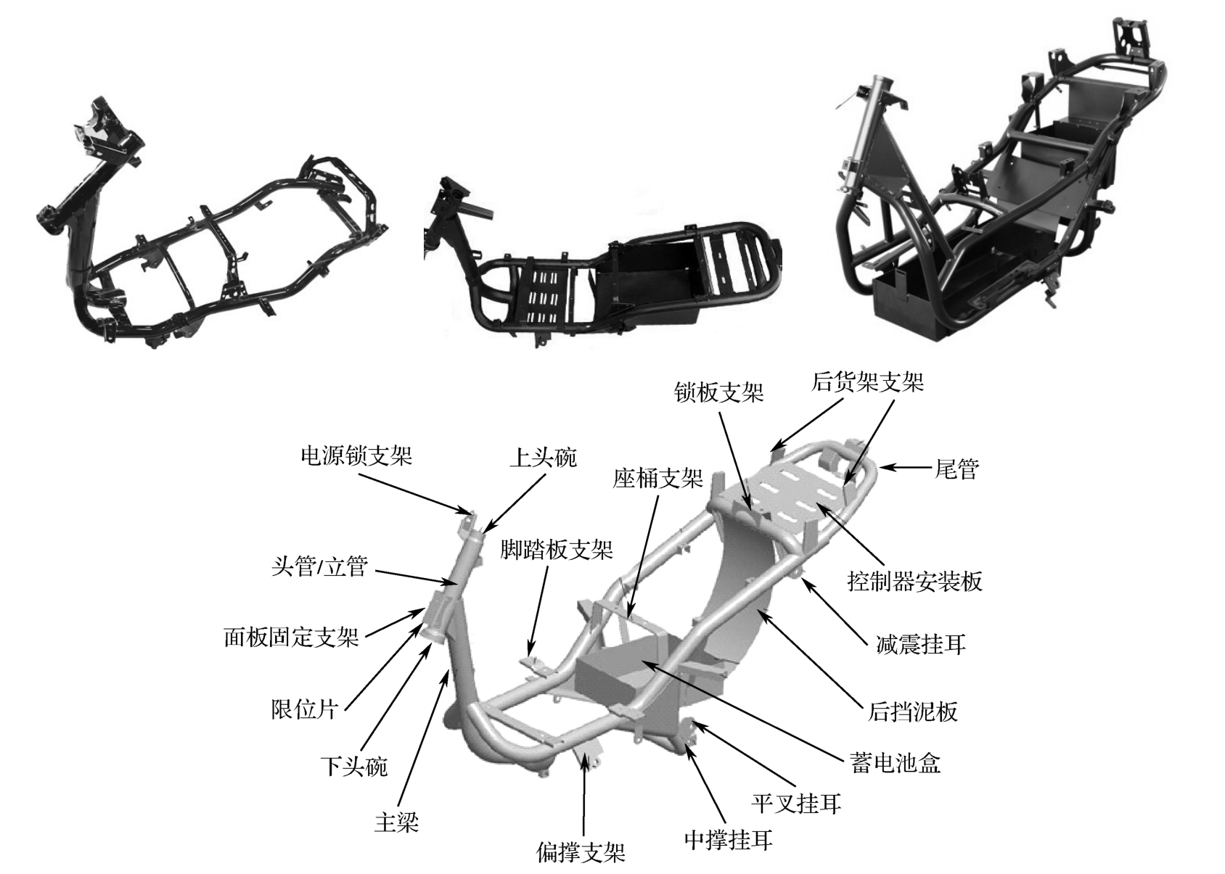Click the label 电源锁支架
(356, 455)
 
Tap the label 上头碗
(543, 458)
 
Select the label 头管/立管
(320, 566)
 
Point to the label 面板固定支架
(291, 638)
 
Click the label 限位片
(305, 709)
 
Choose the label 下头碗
(354, 766)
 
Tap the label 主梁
(396, 822)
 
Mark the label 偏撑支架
(581, 852)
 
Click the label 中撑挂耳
(728, 840)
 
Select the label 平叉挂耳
(797, 803)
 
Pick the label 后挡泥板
(913, 712)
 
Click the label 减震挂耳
(921, 643)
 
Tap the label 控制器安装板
(914, 581)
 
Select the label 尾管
(956, 469)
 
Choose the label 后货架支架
(867, 382)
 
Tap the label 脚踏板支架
(557, 550)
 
